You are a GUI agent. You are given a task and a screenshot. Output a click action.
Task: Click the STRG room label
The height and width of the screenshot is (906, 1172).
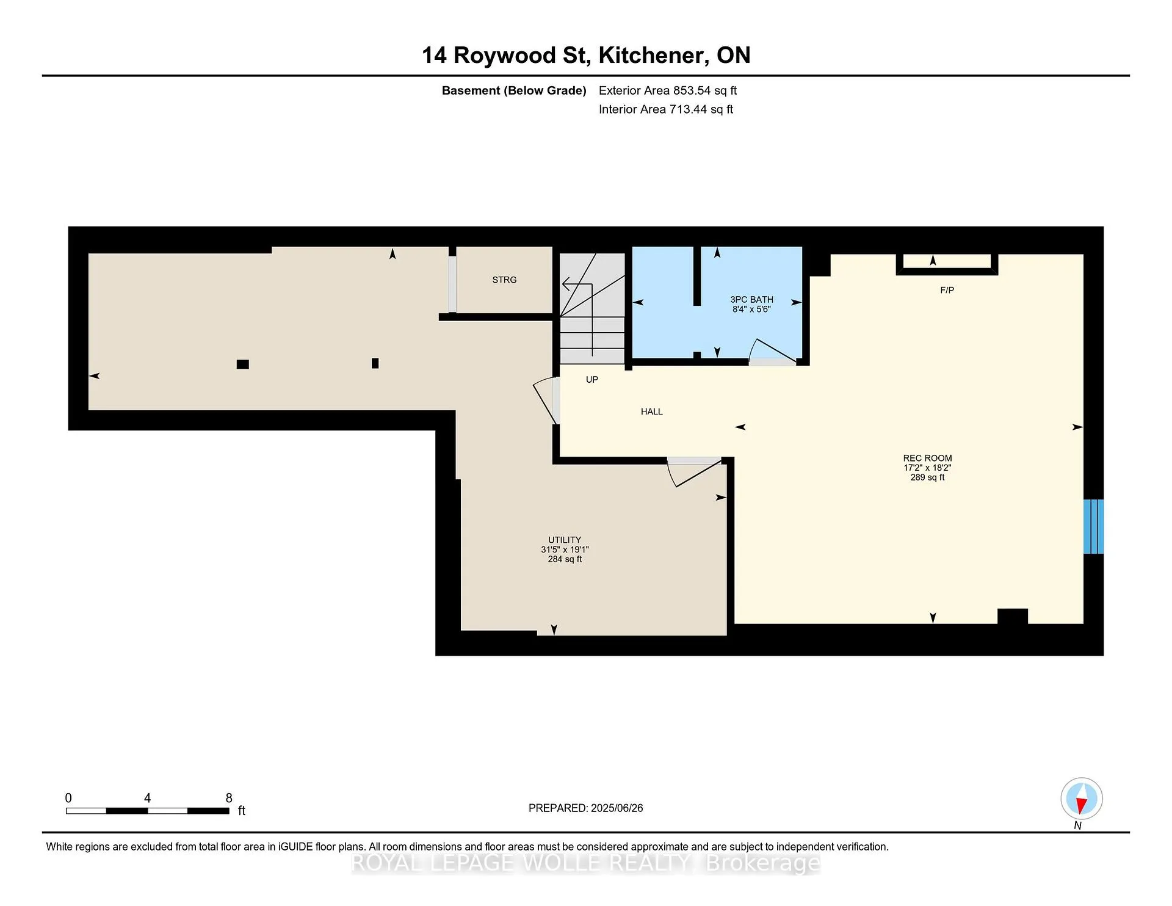[504, 280]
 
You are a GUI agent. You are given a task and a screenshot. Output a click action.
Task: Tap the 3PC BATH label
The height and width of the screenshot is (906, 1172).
[751, 299]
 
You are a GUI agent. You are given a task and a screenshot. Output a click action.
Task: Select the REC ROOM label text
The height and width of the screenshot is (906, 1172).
[927, 458]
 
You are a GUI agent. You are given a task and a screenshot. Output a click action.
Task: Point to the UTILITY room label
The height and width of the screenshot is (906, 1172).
[565, 540]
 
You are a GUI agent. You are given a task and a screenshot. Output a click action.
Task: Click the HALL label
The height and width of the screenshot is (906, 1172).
[651, 411]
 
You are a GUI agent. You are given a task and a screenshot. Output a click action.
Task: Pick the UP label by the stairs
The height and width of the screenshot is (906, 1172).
[591, 379]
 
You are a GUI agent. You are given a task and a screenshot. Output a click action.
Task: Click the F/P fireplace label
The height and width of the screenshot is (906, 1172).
[947, 290]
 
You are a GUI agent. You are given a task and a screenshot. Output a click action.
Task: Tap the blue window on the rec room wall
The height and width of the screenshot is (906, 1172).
[1093, 526]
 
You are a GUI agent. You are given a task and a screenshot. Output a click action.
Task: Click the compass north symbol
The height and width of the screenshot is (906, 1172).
[1082, 799]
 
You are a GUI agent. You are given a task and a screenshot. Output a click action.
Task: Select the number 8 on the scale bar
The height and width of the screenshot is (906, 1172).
[229, 798]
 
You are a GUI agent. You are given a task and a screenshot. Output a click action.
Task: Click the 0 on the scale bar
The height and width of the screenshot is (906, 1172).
[68, 798]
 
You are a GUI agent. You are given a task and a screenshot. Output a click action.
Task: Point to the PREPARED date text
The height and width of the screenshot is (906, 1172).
[585, 808]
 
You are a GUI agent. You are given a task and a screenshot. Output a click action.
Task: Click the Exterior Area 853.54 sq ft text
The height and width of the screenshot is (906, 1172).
[668, 90]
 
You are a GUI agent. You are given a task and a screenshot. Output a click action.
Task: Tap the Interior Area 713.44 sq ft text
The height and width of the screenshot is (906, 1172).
[666, 109]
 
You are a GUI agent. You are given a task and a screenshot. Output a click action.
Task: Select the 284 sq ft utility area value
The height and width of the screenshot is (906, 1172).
[565, 559]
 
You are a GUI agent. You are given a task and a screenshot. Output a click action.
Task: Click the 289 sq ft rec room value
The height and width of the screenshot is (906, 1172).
[927, 477]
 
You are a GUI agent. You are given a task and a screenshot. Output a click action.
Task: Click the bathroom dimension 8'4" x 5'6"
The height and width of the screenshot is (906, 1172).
[751, 309]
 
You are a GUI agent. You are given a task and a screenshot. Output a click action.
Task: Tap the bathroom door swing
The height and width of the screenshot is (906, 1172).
[772, 350]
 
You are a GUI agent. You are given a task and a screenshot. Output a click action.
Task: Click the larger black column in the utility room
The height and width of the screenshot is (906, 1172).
[242, 364]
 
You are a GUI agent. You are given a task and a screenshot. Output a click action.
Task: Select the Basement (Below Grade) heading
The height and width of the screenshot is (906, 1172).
[514, 90]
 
